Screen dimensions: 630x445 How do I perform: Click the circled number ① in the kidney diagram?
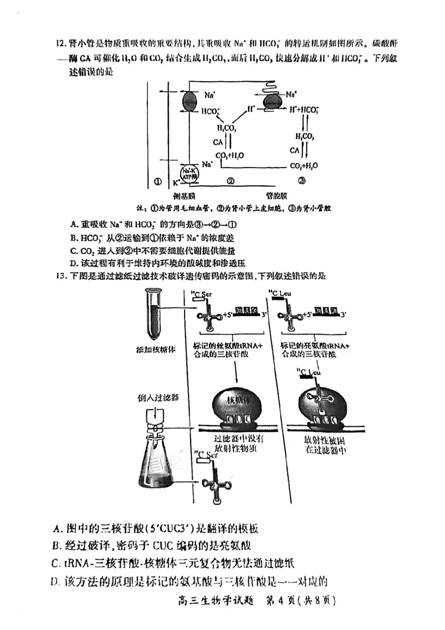click(158, 180)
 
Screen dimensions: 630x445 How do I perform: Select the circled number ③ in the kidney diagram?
click(301, 180)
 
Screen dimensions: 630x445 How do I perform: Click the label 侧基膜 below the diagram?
click(183, 196)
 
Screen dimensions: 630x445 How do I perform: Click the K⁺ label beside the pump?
click(175, 182)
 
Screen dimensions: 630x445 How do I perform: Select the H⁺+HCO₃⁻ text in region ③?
click(304, 110)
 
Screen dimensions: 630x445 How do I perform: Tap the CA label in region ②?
click(218, 142)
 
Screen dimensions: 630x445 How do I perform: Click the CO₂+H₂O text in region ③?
click(304, 166)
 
